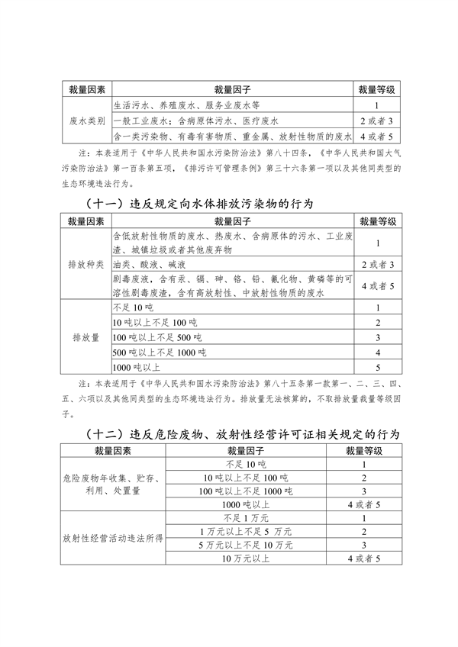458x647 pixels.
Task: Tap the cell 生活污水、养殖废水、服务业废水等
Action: click(191, 105)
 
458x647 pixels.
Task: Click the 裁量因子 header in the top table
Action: click(233, 89)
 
